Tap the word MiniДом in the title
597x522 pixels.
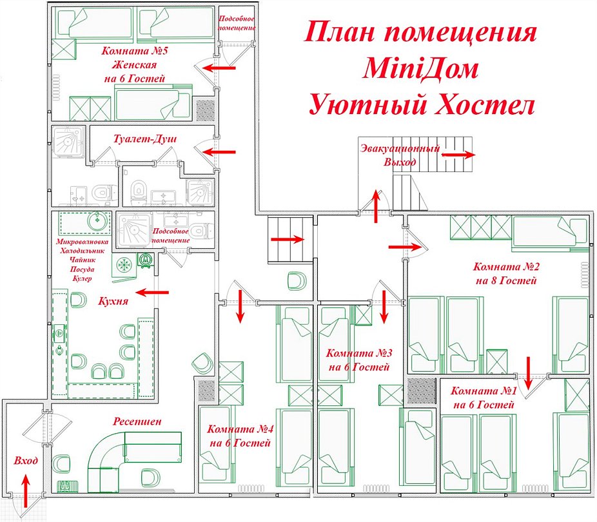[x=420, y=68]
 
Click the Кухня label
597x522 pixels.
[x=112, y=301]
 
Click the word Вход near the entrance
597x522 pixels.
[x=26, y=461]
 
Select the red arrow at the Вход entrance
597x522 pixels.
[x=26, y=491]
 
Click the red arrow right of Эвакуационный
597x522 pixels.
[x=458, y=155]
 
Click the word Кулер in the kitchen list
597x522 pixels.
[x=84, y=278]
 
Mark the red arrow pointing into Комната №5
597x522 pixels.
[x=220, y=66]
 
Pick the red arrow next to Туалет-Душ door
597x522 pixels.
[x=220, y=152]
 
